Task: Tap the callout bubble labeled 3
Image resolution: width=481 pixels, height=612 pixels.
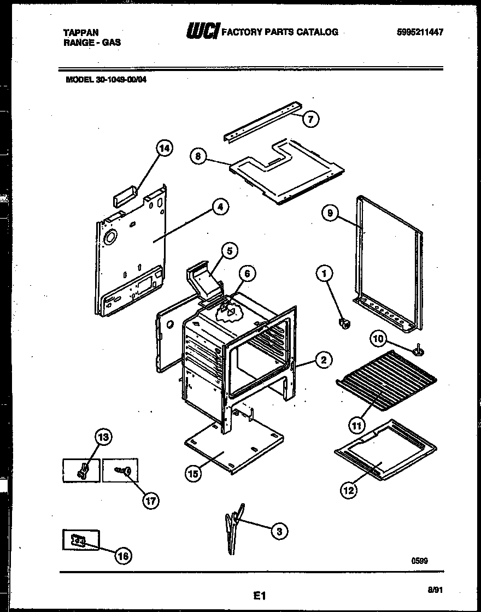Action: (x=279, y=530)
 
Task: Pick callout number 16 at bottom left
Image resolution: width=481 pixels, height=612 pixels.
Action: (x=124, y=556)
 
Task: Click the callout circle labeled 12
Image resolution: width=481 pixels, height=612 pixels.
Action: (x=349, y=490)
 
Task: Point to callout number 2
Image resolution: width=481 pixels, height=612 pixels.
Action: (x=324, y=360)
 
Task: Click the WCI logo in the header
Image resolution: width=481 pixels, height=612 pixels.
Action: (x=203, y=32)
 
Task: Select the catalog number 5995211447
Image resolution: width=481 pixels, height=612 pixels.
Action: (x=420, y=32)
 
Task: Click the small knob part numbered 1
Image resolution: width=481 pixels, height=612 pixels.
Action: (x=344, y=325)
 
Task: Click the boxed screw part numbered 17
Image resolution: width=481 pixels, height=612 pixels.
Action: (x=121, y=469)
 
